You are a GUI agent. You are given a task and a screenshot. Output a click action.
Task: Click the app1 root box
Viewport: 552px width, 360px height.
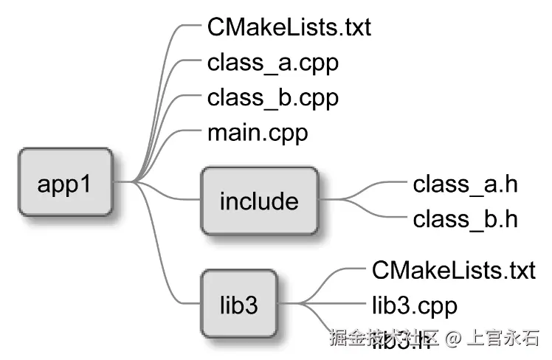(x=66, y=182)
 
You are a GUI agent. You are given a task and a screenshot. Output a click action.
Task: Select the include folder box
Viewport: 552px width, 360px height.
(x=259, y=201)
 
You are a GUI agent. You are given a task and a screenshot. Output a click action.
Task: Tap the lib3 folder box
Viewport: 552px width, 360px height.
(x=238, y=305)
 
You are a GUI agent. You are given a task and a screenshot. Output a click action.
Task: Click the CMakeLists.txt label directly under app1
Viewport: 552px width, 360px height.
(x=289, y=28)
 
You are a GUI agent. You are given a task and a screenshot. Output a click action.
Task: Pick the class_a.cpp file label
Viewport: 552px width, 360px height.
(x=273, y=63)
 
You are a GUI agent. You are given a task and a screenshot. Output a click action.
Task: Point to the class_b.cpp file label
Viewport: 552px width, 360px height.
(x=273, y=97)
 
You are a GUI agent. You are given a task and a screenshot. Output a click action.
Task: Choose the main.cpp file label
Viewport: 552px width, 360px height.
(x=258, y=134)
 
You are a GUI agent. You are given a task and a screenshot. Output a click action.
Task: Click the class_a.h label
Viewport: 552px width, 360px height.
(x=465, y=184)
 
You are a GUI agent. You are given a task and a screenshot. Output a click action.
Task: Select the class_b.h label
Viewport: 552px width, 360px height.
(x=465, y=218)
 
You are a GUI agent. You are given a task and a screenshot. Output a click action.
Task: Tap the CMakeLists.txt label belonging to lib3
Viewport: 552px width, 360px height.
(x=453, y=270)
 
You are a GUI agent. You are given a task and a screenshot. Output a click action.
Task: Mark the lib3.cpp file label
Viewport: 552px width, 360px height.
(x=415, y=305)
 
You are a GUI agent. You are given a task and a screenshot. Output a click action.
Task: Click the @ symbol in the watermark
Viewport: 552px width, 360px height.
(x=453, y=339)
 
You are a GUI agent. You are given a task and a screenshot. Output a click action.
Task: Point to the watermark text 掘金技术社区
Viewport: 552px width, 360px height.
(x=384, y=339)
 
